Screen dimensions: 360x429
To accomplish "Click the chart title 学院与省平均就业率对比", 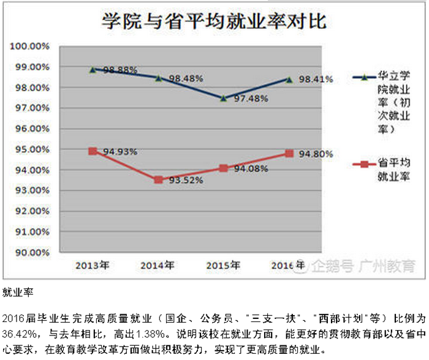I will click(214, 22).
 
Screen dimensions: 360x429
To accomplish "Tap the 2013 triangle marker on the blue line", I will click(93, 69).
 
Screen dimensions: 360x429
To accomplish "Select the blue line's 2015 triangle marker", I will click(223, 98).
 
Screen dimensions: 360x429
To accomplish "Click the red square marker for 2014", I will click(158, 179).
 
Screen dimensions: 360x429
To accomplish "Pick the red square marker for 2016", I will click(289, 153).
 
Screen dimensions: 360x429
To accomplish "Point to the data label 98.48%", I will click(186, 78).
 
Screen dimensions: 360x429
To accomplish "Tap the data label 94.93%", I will click(120, 151).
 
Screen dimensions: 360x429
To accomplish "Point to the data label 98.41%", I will click(316, 79).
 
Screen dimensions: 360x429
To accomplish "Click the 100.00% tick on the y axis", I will click(30, 47).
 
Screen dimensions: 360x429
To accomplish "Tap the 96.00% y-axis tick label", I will click(30, 129).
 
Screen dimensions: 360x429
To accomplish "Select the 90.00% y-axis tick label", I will click(30, 252).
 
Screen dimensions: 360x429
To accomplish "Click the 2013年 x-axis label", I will click(93, 265).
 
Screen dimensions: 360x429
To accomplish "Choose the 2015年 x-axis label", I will click(223, 265).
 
